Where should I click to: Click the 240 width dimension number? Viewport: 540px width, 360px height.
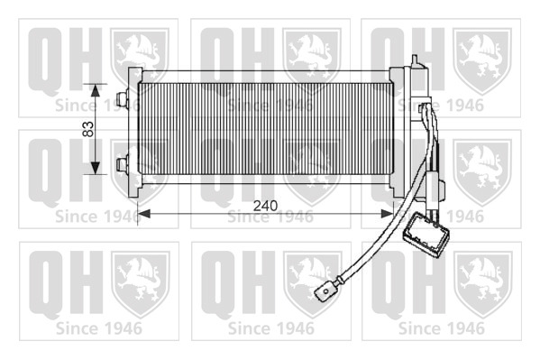point(265,206)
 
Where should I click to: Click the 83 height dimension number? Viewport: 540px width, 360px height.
point(88,129)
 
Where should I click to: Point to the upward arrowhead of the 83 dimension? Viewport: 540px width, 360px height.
point(96,90)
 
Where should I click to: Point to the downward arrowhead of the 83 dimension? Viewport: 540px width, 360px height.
point(96,168)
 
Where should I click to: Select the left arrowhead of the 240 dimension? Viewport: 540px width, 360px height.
point(144,214)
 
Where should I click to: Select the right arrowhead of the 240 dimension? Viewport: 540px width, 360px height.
point(386,214)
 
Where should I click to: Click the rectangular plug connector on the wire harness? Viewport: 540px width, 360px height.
point(426,235)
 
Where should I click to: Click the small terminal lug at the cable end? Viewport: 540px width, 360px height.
point(326,291)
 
